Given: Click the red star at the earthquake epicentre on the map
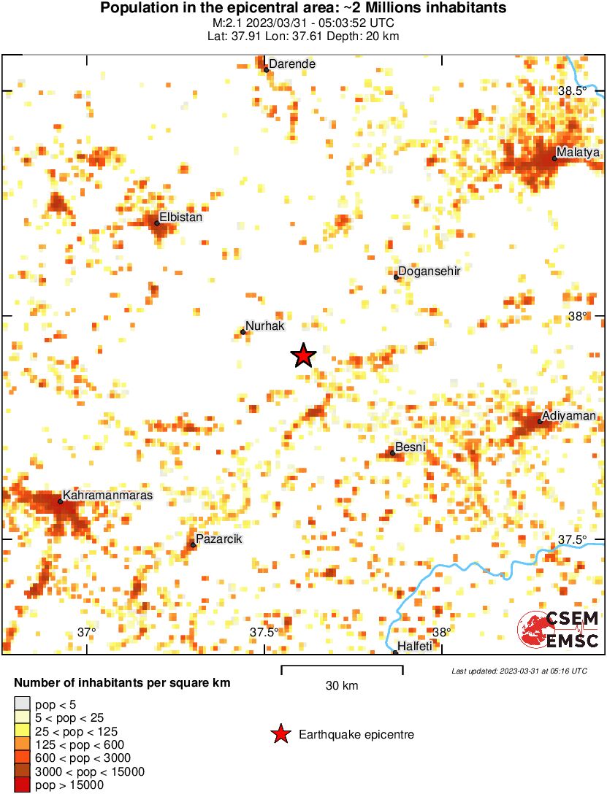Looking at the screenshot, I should click(303, 355).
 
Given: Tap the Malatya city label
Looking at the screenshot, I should click(577, 153).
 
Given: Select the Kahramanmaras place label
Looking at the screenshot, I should click(107, 496).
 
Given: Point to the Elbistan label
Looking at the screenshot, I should click(180, 217).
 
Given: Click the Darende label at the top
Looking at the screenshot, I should click(292, 64).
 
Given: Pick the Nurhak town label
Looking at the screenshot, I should click(264, 326).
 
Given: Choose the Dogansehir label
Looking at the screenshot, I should click(431, 271).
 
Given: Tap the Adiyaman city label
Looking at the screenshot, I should click(570, 416).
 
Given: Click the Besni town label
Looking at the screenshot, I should click(410, 447).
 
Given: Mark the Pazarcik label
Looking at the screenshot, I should click(219, 539).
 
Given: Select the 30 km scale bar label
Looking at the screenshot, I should click(342, 686).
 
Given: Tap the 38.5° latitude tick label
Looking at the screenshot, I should click(572, 91).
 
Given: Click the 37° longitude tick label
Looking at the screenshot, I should click(87, 632).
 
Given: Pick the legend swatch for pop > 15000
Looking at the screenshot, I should click(23, 785).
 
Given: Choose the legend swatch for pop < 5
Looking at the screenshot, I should click(23, 704).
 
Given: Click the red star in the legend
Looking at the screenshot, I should click(280, 735).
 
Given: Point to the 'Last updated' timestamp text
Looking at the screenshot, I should click(519, 671).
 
